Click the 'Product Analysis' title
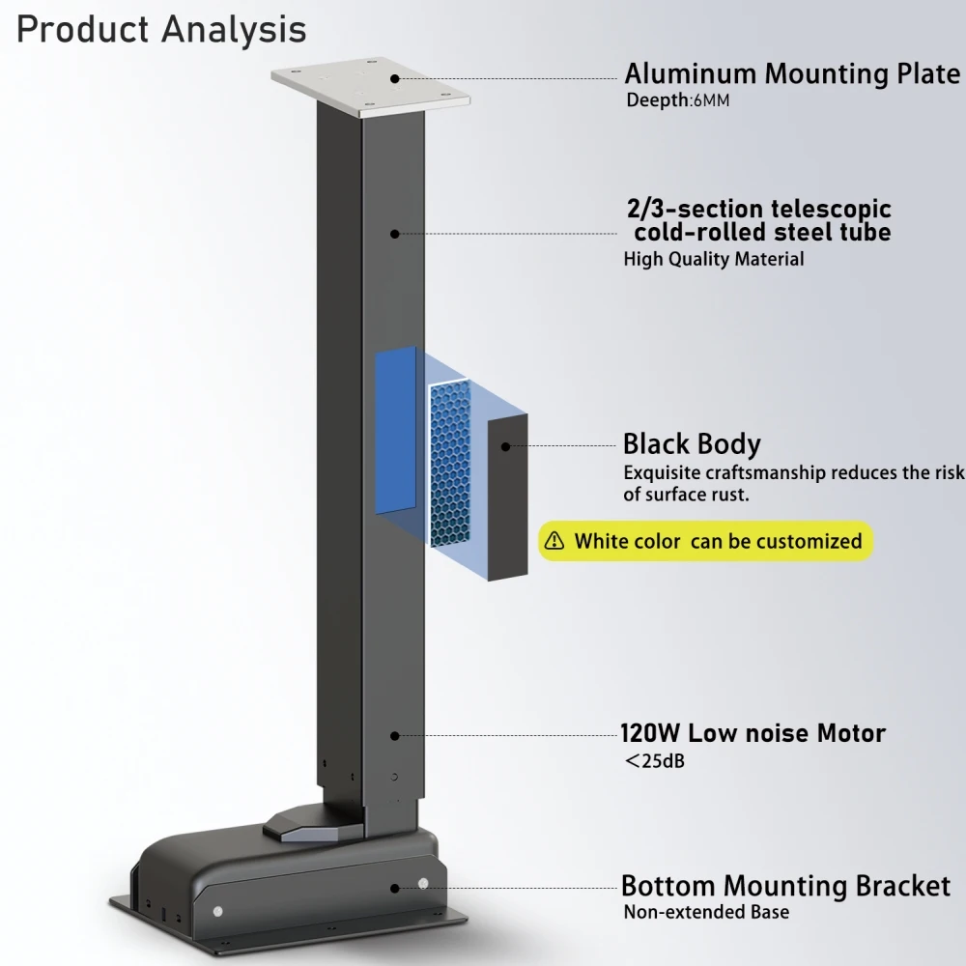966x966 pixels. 161,30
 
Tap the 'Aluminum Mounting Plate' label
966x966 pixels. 792,73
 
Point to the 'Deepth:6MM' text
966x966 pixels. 678,99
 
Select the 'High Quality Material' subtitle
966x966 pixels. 714,259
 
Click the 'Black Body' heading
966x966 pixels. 692,444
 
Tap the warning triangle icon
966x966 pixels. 554,541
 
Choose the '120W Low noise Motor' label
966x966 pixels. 753,733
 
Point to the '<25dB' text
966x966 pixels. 654,761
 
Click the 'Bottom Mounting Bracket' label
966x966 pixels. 785,886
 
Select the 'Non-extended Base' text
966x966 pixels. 706,912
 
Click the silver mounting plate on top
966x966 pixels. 370,86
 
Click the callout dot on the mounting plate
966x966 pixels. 395,79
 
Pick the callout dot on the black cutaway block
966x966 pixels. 506,446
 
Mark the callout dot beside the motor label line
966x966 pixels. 395,735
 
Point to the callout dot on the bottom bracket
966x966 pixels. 395,889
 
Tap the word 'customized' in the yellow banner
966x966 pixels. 809,541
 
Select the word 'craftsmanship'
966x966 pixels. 765,473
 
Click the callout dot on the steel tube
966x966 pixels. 395,234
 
